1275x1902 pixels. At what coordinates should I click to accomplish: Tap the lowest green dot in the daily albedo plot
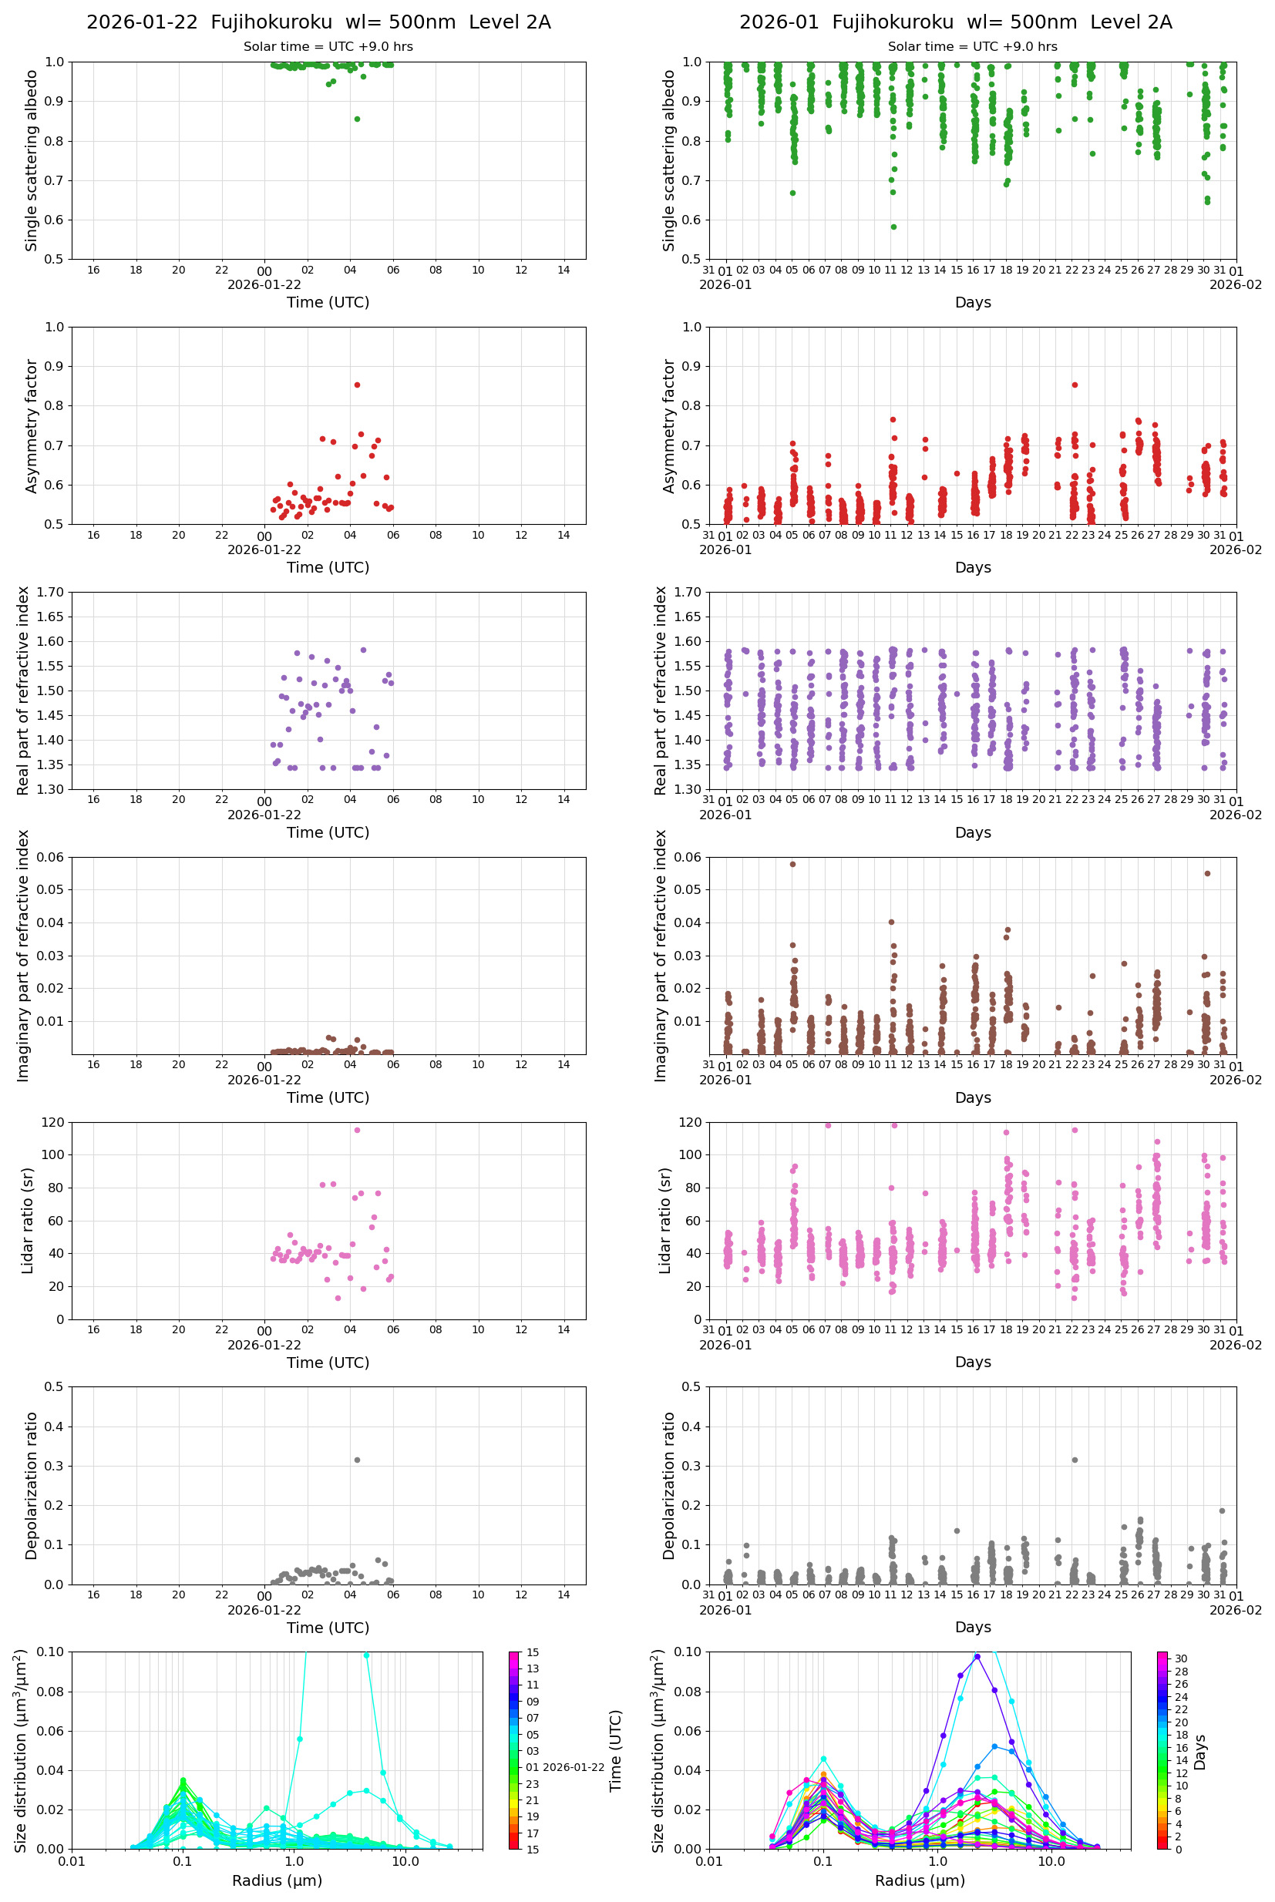pos(357,119)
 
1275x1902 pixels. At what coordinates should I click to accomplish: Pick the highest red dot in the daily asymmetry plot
pos(357,385)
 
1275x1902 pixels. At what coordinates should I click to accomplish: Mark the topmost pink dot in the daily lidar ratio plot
pos(357,1130)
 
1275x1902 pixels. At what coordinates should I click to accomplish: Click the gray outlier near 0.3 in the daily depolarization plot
pos(357,1460)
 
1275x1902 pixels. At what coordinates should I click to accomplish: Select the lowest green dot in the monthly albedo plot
pos(893,227)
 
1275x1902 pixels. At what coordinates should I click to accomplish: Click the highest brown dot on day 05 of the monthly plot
pos(792,864)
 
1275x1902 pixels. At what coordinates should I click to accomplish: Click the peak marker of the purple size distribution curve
pos(977,1656)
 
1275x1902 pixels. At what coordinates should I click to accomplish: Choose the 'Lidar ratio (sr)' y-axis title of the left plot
pos(28,1220)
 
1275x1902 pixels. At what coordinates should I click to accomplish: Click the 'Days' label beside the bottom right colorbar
pos(1200,1752)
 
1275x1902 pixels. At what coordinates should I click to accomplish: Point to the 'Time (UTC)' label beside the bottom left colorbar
pos(616,1751)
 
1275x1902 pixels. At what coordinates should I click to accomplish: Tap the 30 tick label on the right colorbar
pos(1181,1659)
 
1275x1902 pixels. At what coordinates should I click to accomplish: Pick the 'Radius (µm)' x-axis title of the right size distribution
pos(920,1880)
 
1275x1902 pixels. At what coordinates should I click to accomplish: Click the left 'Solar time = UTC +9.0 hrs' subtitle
pos(328,47)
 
